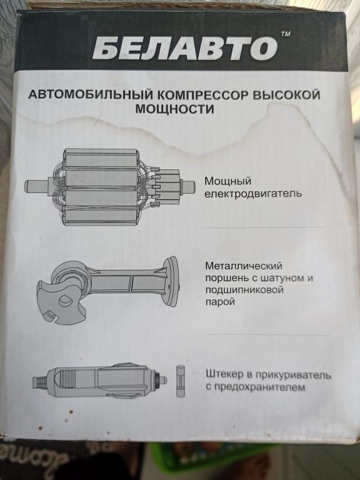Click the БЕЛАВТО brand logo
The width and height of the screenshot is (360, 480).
[185, 49]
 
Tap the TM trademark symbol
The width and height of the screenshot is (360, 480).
[285, 34]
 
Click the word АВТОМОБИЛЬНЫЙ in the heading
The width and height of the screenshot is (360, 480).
[91, 94]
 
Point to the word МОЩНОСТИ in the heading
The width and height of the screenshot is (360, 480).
[174, 109]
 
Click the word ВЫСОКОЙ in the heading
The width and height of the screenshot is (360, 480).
[286, 95]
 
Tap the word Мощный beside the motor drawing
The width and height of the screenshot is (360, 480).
[227, 181]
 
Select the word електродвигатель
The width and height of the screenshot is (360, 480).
[253, 194]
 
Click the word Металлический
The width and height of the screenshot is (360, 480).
[244, 266]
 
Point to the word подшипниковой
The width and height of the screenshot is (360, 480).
[244, 290]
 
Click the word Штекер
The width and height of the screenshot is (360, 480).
[225, 374]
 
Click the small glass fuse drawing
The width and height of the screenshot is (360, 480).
[180, 381]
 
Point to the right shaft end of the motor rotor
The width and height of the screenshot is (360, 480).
[188, 187]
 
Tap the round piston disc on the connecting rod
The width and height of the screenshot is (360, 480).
[171, 281]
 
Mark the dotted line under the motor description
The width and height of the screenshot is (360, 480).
[265, 227]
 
